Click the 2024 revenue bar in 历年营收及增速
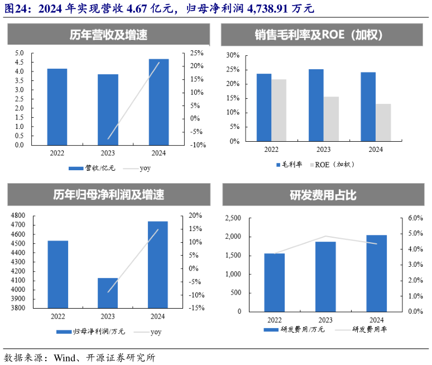(x=159, y=102)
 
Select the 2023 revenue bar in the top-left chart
(x=108, y=109)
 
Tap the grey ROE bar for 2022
(x=279, y=111)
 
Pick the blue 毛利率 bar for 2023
(x=316, y=105)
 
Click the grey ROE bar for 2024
(x=383, y=122)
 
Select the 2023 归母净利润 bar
(x=108, y=292)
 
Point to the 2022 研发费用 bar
(x=274, y=282)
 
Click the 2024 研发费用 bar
(x=377, y=273)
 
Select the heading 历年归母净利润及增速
(x=108, y=195)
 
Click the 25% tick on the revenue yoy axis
(x=197, y=53)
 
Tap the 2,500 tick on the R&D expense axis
(x=233, y=218)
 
